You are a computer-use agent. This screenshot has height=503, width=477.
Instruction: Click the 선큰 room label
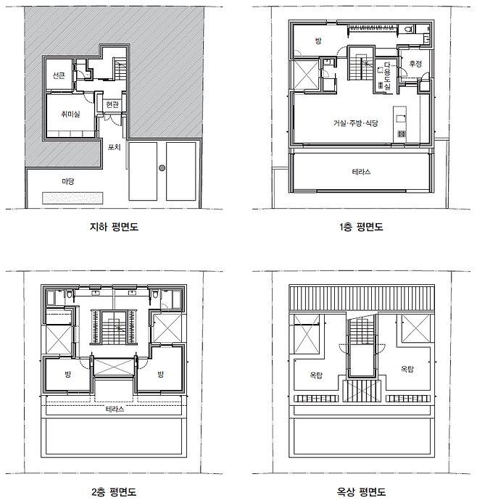(x=59, y=75)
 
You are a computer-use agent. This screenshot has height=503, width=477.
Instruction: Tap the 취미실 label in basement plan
(x=70, y=114)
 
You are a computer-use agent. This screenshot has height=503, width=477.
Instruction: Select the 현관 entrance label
(x=112, y=104)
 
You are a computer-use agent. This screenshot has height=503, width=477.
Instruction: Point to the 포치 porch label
(x=115, y=147)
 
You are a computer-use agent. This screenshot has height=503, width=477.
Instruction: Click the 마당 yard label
(x=68, y=182)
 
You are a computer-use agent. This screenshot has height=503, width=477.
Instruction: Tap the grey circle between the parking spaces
(x=162, y=167)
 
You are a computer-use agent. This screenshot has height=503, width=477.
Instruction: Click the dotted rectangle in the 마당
(x=72, y=198)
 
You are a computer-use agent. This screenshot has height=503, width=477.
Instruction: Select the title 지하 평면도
(x=114, y=227)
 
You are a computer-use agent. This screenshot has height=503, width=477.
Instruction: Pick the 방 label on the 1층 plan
(x=318, y=41)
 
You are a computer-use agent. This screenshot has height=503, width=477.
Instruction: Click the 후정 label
(x=415, y=64)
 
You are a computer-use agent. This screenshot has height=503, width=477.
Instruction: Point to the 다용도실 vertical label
(x=388, y=75)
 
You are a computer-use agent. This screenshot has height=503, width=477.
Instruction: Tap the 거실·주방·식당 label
(x=356, y=123)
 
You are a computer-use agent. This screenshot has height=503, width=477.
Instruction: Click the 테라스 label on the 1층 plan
(x=361, y=172)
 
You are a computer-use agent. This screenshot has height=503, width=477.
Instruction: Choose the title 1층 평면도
(x=361, y=227)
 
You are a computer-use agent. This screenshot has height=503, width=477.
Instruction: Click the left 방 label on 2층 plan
(x=67, y=375)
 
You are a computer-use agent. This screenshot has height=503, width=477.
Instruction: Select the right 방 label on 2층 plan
(x=160, y=375)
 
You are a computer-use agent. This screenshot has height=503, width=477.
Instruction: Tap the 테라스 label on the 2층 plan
(x=115, y=410)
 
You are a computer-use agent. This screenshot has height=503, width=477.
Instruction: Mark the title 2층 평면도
(x=114, y=492)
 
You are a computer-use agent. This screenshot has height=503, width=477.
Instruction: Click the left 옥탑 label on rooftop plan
(x=316, y=375)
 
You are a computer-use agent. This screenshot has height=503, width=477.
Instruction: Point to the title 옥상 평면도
(x=361, y=492)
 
